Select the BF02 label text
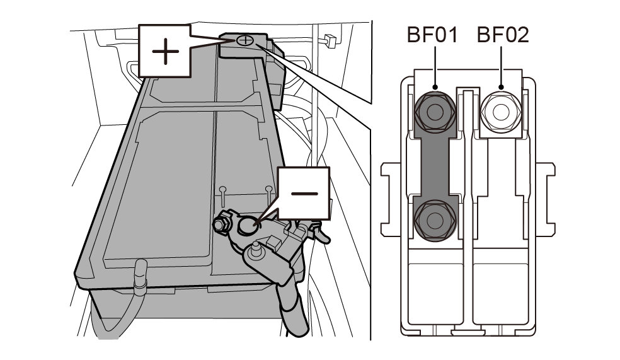(502, 35)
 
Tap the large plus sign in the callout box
(165, 53)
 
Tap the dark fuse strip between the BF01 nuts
(434, 166)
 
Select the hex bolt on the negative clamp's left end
(222, 223)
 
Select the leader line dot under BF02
(501, 88)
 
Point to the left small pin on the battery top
(222, 189)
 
